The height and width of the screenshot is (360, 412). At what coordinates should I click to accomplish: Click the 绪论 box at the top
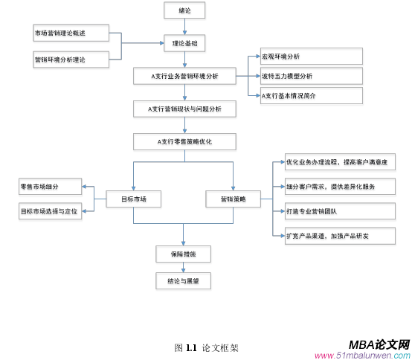coord(185,11)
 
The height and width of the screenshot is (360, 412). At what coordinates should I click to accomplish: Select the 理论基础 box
coord(185,43)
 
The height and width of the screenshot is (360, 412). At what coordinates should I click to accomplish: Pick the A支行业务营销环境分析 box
coord(185,76)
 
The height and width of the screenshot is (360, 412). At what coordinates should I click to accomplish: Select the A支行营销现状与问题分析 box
coord(185,109)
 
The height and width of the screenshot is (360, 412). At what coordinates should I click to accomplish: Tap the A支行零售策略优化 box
coord(185,141)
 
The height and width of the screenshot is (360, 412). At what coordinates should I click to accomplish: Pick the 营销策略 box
coord(234,199)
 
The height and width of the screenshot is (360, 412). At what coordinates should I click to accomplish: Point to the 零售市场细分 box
coord(51,187)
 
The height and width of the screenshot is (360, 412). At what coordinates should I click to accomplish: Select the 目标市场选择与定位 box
coord(51,211)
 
